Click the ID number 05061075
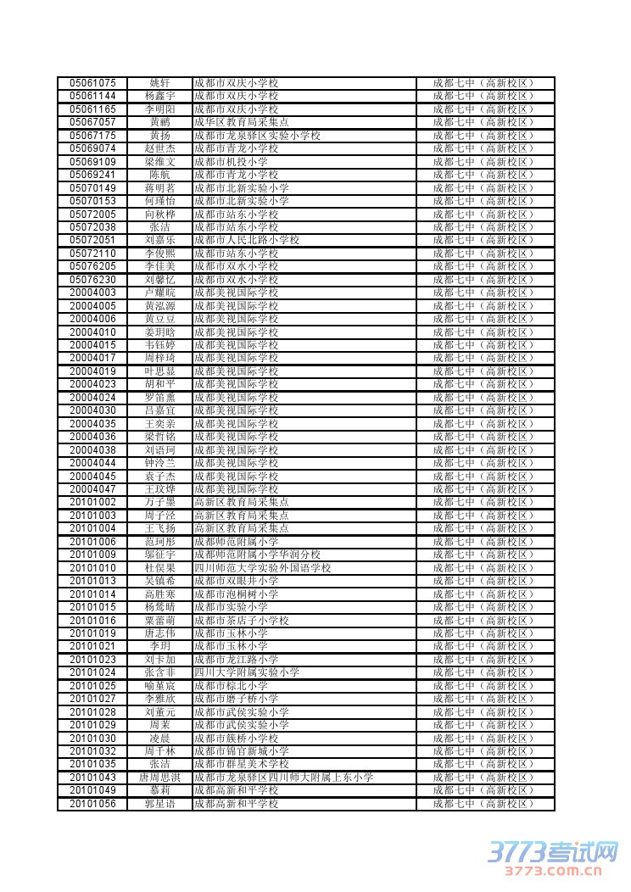point(92,83)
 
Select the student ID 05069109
point(92,162)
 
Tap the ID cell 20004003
point(92,293)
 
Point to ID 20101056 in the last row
point(92,804)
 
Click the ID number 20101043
point(92,778)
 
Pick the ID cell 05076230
point(92,280)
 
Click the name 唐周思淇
point(159,778)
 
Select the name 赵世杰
point(159,148)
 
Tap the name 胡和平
point(159,384)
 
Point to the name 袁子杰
point(159,477)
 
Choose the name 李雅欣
point(159,699)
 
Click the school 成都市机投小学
point(231,162)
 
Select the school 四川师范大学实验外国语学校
point(262,568)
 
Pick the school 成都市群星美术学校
point(241,764)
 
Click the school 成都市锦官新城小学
point(241,751)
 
